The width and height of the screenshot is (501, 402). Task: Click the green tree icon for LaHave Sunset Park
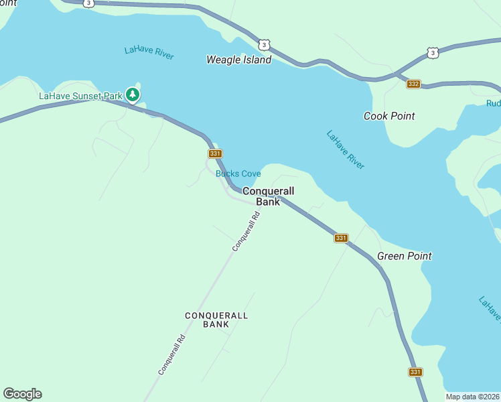coord(133,95)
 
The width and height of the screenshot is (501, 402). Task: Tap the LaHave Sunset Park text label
coord(80,96)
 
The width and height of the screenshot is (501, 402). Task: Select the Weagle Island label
coord(238,60)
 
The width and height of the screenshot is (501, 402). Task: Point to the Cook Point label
coord(389,116)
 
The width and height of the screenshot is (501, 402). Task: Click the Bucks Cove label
coord(238,174)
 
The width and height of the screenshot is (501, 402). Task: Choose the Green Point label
coord(404,256)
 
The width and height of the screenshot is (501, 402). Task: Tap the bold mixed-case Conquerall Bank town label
coord(268,196)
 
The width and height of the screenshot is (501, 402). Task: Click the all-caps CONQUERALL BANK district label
coord(216,320)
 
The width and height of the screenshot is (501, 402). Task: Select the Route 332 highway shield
coord(413,84)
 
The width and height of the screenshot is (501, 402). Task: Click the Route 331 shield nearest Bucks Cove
coord(215,153)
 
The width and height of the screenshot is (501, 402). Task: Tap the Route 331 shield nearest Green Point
coord(341,238)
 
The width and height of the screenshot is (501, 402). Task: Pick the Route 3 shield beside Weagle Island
coord(265,45)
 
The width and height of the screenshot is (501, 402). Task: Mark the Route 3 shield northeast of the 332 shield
coord(433,52)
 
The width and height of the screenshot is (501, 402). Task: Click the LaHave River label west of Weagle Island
coord(149,53)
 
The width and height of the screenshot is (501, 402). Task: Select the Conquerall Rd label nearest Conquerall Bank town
coord(246,232)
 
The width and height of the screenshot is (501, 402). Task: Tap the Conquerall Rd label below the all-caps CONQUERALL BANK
coord(171,354)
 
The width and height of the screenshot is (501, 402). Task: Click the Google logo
coord(22,394)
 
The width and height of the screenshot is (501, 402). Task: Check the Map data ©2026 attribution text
coord(473,397)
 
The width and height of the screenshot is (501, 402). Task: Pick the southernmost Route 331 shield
coord(415,372)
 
